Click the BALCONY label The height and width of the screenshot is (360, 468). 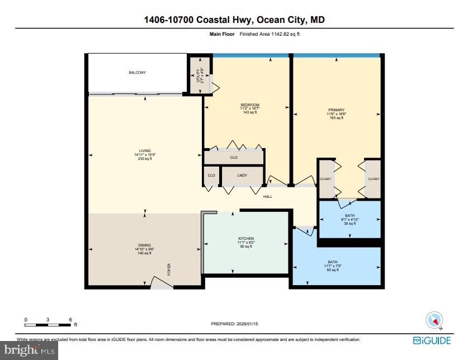pyautogui.click(x=137, y=73)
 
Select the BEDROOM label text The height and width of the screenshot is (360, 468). pyautogui.click(x=249, y=105)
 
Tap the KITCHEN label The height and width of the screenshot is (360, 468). pyautogui.click(x=246, y=239)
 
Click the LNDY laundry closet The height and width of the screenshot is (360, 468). pyautogui.click(x=242, y=176)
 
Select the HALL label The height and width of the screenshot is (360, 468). pyautogui.click(x=268, y=196)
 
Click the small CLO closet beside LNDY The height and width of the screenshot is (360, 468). pyautogui.click(x=211, y=176)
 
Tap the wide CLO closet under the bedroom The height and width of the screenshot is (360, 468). pyautogui.click(x=234, y=158)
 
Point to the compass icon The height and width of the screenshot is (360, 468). pyautogui.click(x=434, y=320)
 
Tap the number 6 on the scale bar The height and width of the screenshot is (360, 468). pyautogui.click(x=70, y=319)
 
